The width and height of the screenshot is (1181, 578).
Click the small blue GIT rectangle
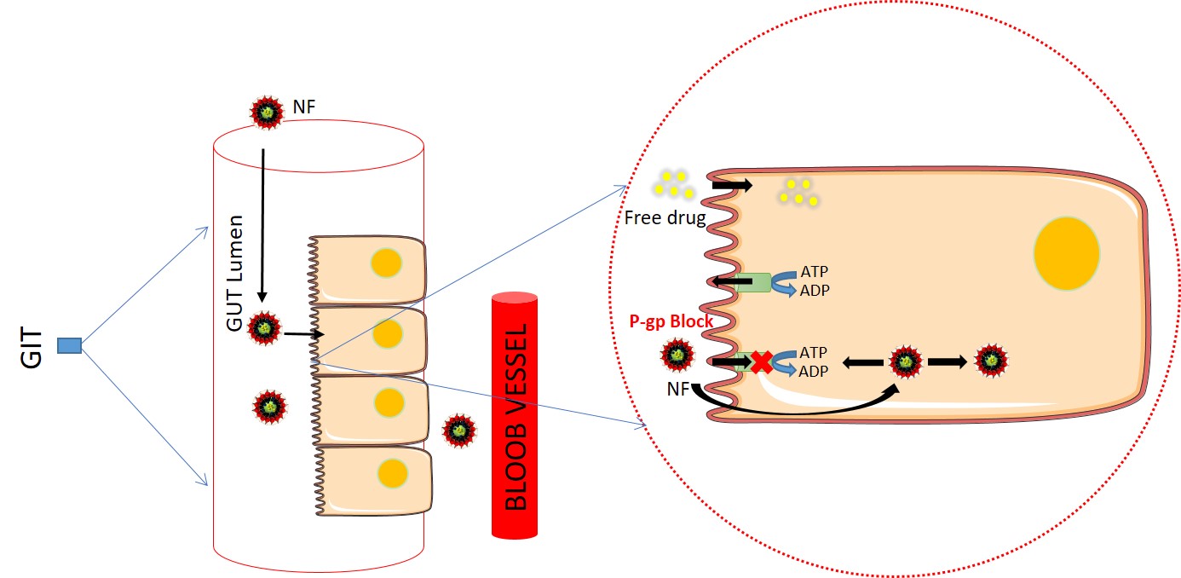[69, 345]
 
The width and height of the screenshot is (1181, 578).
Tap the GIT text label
[31, 345]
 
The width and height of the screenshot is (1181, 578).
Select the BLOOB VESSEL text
[516, 416]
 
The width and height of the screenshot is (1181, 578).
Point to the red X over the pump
[760, 362]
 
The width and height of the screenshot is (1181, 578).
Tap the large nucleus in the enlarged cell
[1065, 252]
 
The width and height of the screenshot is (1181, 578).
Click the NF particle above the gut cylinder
[268, 112]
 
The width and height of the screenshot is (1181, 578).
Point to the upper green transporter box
[753, 282]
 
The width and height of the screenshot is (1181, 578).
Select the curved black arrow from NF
[801, 409]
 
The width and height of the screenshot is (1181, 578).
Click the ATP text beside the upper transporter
[814, 271]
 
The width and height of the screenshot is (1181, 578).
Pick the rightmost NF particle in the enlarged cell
[991, 360]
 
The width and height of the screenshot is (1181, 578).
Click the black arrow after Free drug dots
[732, 184]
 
